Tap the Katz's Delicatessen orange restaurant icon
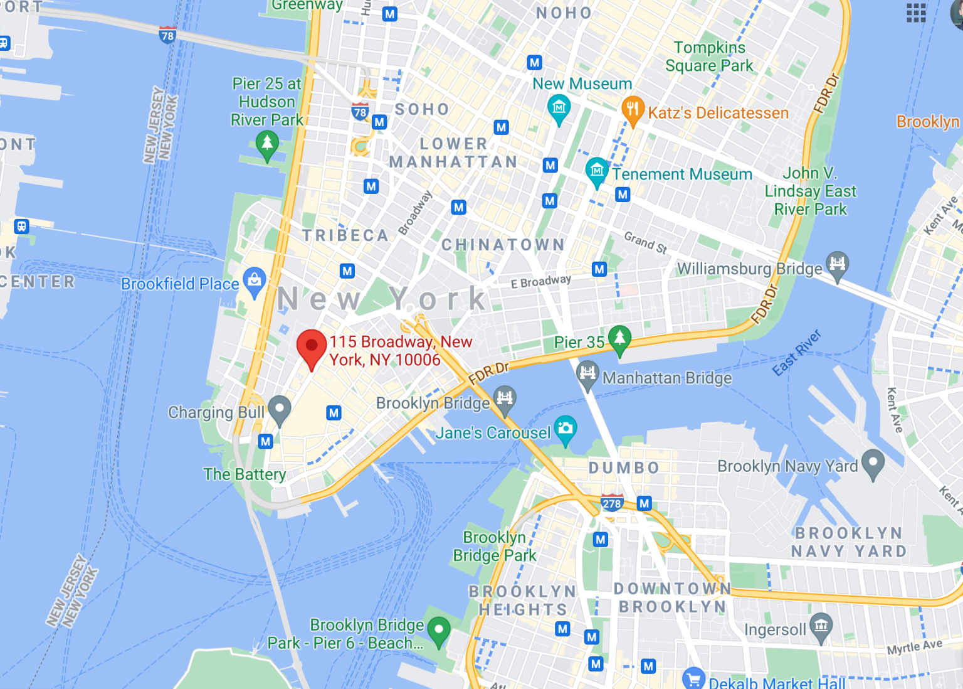(x=633, y=110)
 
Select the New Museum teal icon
(x=559, y=108)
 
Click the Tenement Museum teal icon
(x=597, y=170)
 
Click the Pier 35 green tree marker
(x=619, y=339)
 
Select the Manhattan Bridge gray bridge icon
(x=587, y=374)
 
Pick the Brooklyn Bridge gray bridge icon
(x=505, y=398)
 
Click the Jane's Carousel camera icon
(x=566, y=429)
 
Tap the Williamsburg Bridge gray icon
(x=837, y=264)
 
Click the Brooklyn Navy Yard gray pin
(x=873, y=462)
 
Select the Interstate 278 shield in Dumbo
(x=611, y=503)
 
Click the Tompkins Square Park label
(x=709, y=56)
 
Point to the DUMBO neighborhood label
(x=624, y=468)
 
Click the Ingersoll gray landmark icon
(x=821, y=626)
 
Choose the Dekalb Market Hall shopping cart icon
(x=693, y=678)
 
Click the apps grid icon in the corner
(x=916, y=12)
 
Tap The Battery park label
(x=245, y=474)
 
